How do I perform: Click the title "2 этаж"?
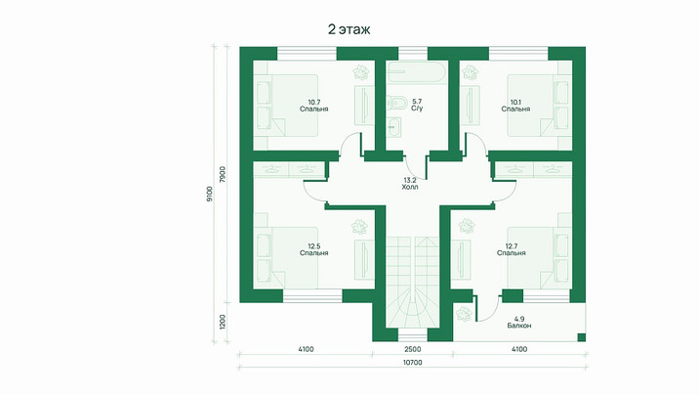[349, 29]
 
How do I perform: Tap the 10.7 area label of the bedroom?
[314, 102]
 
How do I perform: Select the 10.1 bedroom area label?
[515, 102]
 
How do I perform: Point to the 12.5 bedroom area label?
[314, 246]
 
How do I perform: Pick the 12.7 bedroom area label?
[512, 246]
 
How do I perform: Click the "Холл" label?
[410, 188]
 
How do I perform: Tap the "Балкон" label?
[519, 326]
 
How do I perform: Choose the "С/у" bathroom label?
[417, 109]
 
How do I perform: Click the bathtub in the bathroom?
[416, 71]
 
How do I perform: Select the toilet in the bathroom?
[395, 103]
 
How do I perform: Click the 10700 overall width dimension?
[412, 363]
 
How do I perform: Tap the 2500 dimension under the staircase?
[412, 349]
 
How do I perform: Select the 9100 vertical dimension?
[210, 194]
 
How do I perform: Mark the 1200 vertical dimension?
[223, 323]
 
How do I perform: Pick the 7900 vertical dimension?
[223, 174]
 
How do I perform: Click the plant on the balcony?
[464, 314]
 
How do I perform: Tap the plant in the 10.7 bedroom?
[360, 72]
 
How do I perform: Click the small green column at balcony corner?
[581, 337]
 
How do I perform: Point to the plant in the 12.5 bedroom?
[359, 227]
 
